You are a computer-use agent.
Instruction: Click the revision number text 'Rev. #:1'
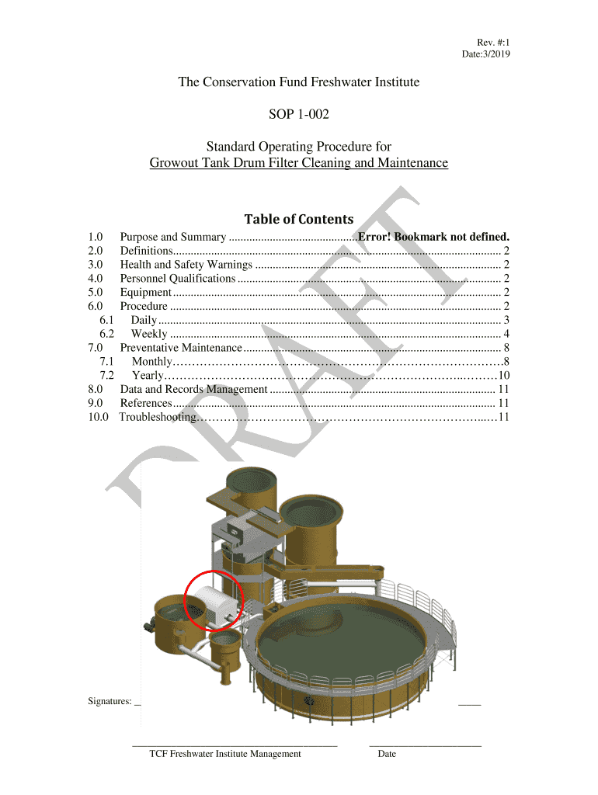pyautogui.click(x=493, y=43)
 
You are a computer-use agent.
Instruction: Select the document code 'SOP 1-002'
pyautogui.click(x=299, y=114)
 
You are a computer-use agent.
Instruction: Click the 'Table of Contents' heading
pyautogui.click(x=299, y=219)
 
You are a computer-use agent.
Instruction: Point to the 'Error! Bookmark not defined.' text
pyautogui.click(x=433, y=237)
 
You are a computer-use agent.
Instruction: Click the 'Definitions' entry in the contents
pyautogui.click(x=147, y=251)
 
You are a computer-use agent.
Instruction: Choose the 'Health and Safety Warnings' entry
pyautogui.click(x=186, y=265)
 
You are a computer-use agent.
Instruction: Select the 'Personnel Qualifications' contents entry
pyautogui.click(x=178, y=279)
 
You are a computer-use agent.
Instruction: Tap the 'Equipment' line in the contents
pyautogui.click(x=146, y=293)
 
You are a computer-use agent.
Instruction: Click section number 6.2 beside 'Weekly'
pyautogui.click(x=106, y=334)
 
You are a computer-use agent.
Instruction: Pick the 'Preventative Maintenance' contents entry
pyautogui.click(x=181, y=348)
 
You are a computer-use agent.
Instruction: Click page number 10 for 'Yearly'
pyautogui.click(x=504, y=375)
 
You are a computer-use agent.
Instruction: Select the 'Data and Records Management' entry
pyautogui.click(x=193, y=390)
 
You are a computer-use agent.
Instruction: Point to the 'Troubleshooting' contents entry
pyautogui.click(x=158, y=417)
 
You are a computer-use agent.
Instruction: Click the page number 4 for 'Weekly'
pyautogui.click(x=506, y=334)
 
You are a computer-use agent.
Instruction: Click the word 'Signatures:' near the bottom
pyautogui.click(x=110, y=701)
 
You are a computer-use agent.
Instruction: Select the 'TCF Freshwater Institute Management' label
pyautogui.click(x=225, y=754)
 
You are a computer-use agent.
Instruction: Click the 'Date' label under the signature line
pyautogui.click(x=387, y=754)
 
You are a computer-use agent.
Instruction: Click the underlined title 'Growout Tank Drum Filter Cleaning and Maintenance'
pyautogui.click(x=299, y=163)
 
